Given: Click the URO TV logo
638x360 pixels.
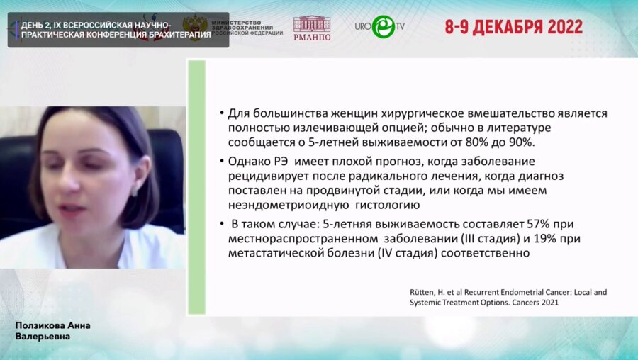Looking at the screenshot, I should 379,26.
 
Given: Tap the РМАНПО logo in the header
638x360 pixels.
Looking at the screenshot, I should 312,28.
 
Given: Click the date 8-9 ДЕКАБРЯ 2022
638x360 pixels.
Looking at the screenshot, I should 514,27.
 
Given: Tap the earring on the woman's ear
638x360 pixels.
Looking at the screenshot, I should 135,190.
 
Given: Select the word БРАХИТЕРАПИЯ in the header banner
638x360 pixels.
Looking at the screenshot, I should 177,35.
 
